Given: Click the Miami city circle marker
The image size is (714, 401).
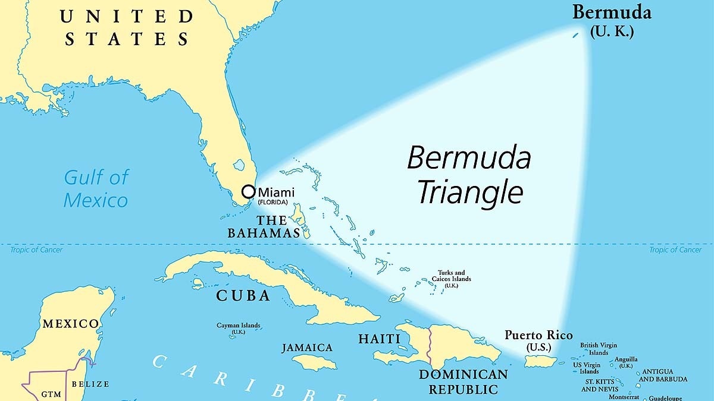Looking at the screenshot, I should [x=249, y=192].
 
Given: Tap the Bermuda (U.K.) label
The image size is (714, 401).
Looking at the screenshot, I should [x=612, y=21].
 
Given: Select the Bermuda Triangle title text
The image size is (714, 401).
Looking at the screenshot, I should [x=469, y=175].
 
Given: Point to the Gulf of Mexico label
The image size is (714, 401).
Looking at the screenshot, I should [x=96, y=188].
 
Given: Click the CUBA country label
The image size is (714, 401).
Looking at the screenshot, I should [x=243, y=295].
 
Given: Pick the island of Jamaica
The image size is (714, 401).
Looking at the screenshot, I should [x=315, y=362].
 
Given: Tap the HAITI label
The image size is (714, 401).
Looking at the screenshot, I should [x=379, y=339].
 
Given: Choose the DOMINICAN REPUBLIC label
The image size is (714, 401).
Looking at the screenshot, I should [x=464, y=381].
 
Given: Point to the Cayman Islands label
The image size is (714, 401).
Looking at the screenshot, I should [x=238, y=328].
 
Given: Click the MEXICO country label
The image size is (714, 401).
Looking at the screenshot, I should [x=70, y=324].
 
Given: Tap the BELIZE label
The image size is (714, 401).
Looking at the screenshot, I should [x=90, y=384].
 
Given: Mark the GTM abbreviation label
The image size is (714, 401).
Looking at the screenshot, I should [x=51, y=394].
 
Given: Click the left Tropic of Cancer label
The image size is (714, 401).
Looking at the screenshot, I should [x=36, y=250].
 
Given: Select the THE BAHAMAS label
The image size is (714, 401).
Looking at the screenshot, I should [x=264, y=226].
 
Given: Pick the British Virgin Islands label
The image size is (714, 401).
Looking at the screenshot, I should [x=599, y=349].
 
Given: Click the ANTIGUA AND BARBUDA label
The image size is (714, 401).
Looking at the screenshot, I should [x=663, y=375].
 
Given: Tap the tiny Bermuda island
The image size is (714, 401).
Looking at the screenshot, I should [x=575, y=36].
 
